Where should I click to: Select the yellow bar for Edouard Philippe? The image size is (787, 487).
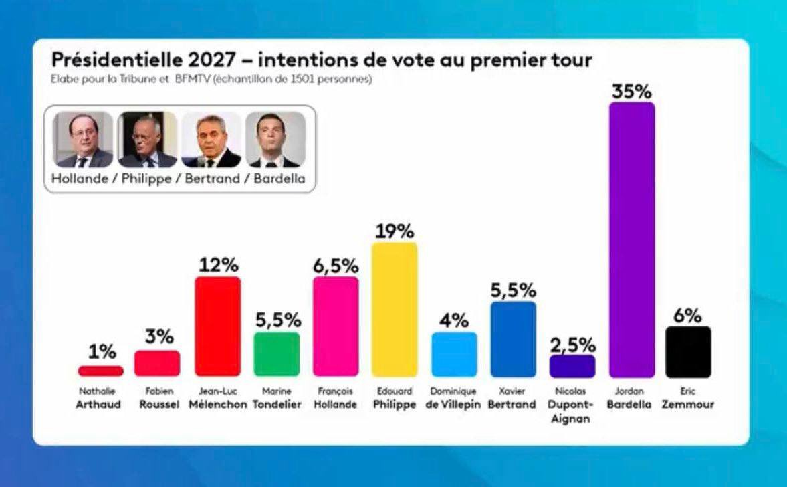(395, 309)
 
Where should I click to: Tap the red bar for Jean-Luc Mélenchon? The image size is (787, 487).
(217, 326)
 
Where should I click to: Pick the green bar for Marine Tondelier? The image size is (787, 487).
(277, 354)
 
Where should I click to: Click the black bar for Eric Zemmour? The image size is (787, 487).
(688, 352)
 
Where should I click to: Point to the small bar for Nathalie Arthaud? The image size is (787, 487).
(101, 371)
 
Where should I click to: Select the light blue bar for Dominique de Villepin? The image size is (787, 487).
(454, 355)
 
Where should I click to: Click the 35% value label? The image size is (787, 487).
(632, 91)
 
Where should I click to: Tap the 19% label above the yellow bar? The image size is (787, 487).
(395, 231)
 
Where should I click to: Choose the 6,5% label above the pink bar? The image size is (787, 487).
(336, 266)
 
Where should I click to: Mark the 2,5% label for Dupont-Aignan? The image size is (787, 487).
(572, 345)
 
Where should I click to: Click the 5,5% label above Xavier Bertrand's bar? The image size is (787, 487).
(513, 291)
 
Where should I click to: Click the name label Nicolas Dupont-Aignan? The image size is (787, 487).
(572, 405)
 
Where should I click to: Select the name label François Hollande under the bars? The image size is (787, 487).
(336, 399)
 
